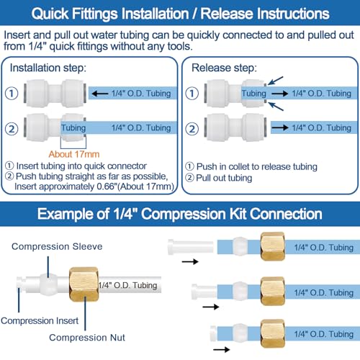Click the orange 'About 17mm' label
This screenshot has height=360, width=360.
click(74, 154)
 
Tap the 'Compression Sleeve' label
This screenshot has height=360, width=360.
click(57, 246)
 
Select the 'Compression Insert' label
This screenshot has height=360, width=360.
click(40, 320)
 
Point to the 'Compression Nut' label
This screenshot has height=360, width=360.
click(87, 338)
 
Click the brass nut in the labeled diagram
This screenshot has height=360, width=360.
click(84, 284)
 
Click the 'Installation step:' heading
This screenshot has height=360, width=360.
click(48, 68)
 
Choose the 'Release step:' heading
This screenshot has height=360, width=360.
click(224, 68)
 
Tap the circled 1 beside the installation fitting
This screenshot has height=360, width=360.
click(12, 94)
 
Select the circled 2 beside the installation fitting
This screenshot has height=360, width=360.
click(12, 129)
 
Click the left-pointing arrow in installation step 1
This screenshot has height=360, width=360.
click(100, 94)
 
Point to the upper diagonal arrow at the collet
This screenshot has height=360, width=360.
click(276, 81)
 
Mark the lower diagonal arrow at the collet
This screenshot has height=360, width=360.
click(276, 107)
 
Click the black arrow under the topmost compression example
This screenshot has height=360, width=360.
click(190, 261)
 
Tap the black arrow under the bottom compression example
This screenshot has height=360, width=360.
click(222, 349)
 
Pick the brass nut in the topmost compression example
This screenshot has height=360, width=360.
click(273, 246)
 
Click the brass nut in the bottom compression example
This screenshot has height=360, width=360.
click(273, 333)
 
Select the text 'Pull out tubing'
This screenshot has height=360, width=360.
click(224, 178)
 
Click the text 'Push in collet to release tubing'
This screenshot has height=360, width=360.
click(257, 166)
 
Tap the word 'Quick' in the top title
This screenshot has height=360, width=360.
click(50, 14)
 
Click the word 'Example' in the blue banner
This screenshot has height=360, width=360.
click(73, 214)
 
